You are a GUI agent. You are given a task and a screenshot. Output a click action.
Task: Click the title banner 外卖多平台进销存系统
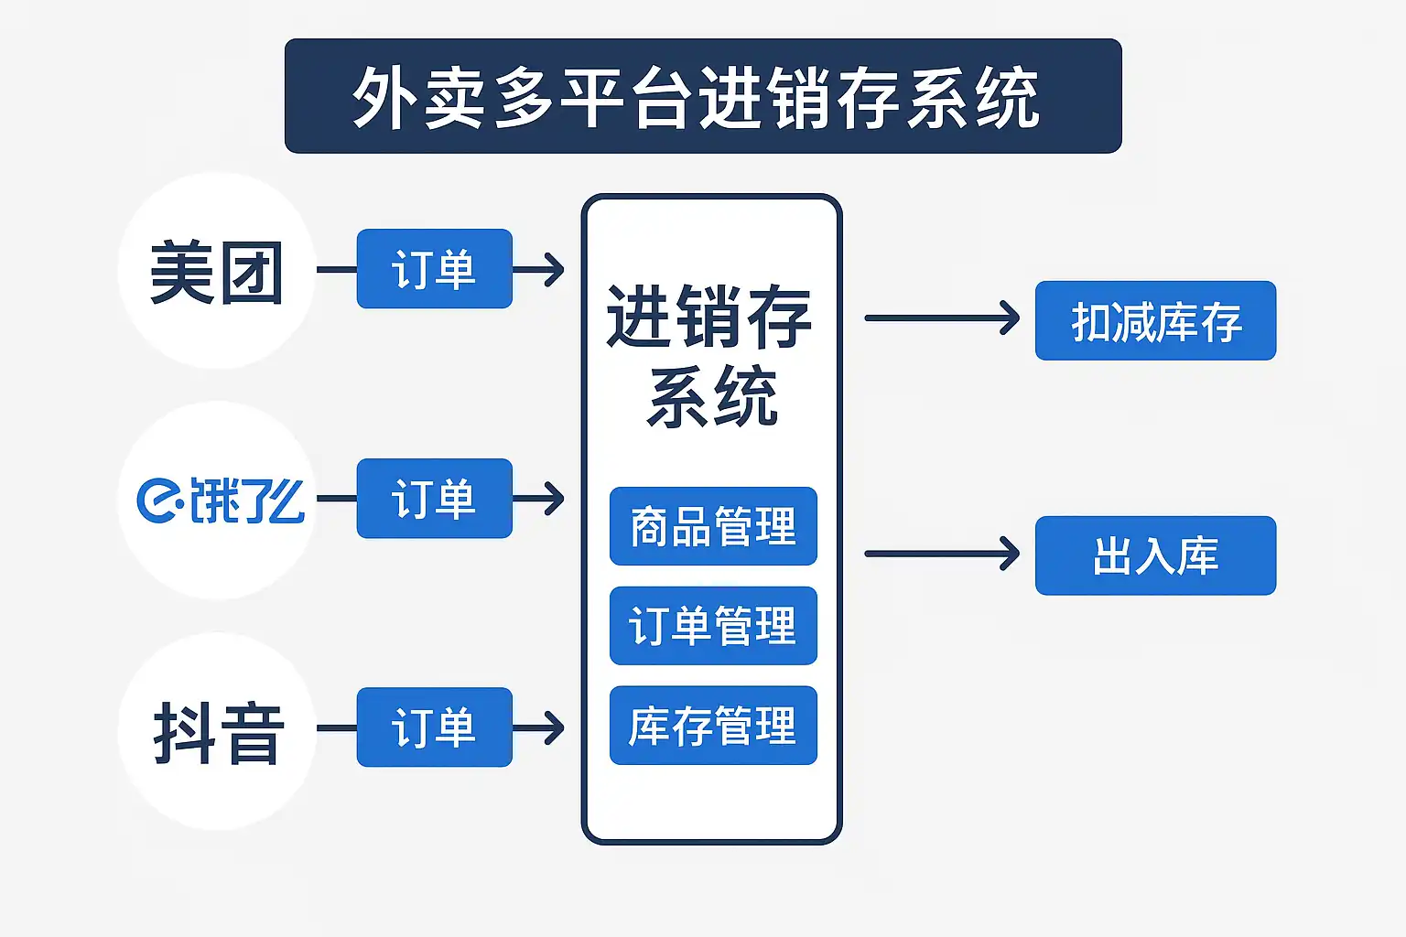[x=703, y=96]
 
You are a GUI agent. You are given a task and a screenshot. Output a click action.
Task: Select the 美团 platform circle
[x=217, y=271]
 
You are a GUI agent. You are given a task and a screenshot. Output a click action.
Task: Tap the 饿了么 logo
[x=221, y=501]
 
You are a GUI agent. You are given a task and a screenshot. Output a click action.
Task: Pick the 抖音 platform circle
[x=217, y=731]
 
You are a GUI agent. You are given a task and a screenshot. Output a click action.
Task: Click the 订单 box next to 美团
[x=435, y=269]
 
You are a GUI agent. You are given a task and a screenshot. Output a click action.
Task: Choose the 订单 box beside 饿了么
[x=435, y=499]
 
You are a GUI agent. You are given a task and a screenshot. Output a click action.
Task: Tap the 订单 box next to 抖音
[x=435, y=727]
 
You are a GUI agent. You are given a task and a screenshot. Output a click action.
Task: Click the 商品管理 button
[x=713, y=526]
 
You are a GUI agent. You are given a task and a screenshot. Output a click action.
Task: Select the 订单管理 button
[x=713, y=626]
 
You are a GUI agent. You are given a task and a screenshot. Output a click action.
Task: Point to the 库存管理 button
[x=713, y=726]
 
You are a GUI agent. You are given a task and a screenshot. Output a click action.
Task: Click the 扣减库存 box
[x=1155, y=320]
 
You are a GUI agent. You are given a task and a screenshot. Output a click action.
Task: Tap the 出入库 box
[x=1155, y=555]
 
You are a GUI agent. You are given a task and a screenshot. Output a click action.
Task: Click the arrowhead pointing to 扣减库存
[x=1010, y=318]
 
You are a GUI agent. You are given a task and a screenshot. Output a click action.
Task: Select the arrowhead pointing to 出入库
[x=1010, y=554]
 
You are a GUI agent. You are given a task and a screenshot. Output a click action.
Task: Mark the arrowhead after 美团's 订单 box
[x=554, y=270]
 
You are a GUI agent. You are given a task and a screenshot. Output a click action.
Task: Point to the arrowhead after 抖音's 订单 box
[x=554, y=728]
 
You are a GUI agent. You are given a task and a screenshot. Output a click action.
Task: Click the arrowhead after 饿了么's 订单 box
[x=554, y=499]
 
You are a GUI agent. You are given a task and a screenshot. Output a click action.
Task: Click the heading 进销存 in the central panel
[x=709, y=317]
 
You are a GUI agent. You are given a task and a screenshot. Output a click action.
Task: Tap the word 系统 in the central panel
[x=712, y=396]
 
